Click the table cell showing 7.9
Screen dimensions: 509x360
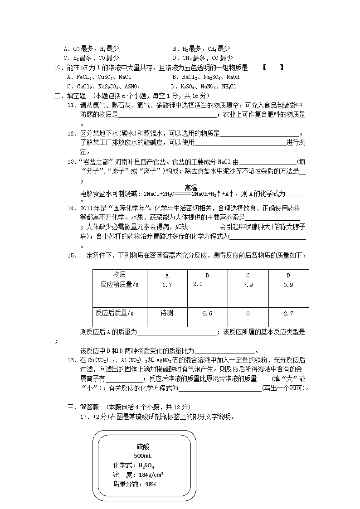click(x=248, y=285)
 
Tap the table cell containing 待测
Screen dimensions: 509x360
click(x=166, y=313)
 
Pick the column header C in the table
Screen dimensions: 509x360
click(x=248, y=275)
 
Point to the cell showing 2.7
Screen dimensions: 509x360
click(x=288, y=313)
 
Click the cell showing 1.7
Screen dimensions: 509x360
click(x=166, y=285)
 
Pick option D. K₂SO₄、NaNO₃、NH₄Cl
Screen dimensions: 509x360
click(x=204, y=86)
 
